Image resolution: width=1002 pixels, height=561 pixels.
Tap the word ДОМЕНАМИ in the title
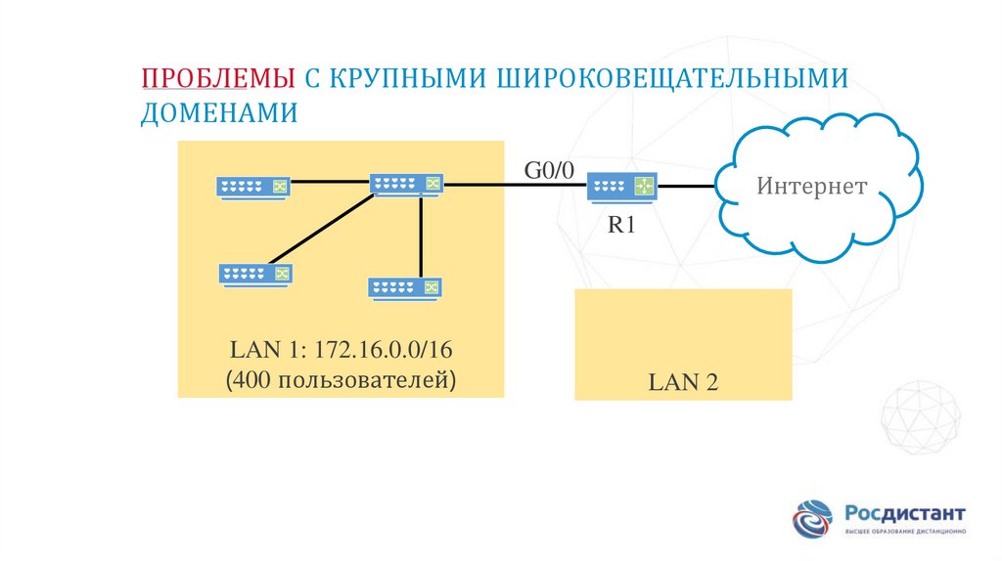coord(218,112)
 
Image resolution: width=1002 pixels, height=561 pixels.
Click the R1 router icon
coord(622,186)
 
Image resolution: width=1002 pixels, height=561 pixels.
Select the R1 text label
coord(622,225)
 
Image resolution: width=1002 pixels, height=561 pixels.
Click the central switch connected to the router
coord(407,184)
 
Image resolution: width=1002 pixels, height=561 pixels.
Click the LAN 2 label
coord(683,382)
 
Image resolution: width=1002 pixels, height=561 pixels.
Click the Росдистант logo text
coord(905,513)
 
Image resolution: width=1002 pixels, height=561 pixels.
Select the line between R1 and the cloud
coord(685,186)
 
